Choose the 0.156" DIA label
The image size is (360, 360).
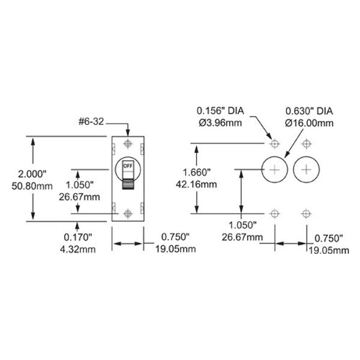tap(221, 112)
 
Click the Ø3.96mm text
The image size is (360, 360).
tap(221, 122)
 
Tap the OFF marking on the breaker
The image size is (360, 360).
tap(127, 165)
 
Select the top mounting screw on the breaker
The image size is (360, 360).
tap(127, 144)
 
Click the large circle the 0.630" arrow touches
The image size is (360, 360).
tap(275, 170)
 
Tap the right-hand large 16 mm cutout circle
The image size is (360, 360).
tap(307, 170)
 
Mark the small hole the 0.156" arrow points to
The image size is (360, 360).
tap(275, 144)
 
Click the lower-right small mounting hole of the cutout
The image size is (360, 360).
tap(307, 214)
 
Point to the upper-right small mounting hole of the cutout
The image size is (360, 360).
tap(307, 144)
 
